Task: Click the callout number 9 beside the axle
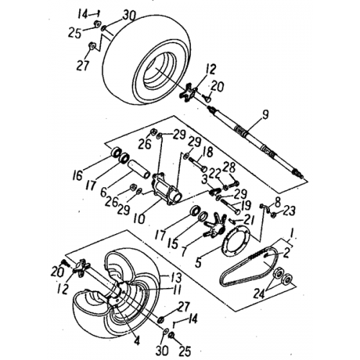point(265,115)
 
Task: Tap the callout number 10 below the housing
point(140,217)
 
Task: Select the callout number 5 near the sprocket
point(198,262)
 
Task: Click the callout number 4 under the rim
point(137,341)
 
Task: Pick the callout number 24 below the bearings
point(258,293)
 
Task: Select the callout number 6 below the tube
point(103,192)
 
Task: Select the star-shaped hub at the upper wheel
point(189,92)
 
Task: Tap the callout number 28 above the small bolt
point(230,168)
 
